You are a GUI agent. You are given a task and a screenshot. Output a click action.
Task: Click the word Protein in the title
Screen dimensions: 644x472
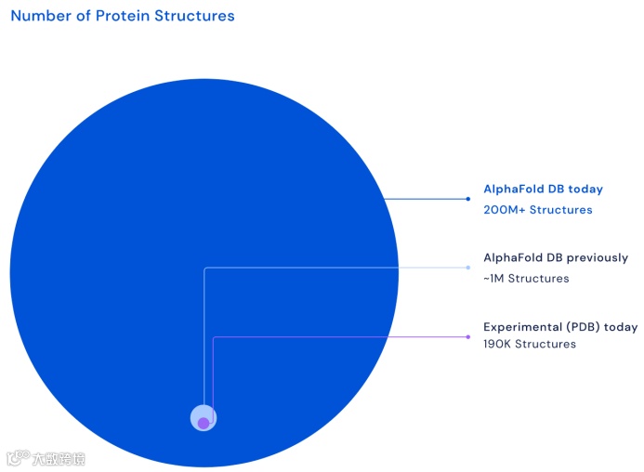(123, 16)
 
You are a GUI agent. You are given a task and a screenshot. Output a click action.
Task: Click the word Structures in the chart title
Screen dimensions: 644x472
(194, 16)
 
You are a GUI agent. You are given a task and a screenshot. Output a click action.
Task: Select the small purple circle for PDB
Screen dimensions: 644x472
(204, 423)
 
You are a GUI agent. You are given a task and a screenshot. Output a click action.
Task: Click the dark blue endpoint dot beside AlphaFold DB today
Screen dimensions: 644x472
(467, 199)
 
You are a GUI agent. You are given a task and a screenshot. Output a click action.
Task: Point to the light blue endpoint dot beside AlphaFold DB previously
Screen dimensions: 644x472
(467, 268)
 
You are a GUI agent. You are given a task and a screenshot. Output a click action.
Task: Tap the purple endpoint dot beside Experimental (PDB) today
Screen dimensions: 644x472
(467, 337)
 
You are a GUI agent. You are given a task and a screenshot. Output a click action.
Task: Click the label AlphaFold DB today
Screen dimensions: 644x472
(543, 189)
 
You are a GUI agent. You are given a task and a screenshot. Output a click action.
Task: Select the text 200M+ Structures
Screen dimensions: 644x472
(538, 209)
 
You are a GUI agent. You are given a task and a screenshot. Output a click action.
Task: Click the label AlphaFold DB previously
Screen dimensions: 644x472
(556, 257)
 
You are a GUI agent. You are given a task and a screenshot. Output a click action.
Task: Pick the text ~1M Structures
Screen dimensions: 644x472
(526, 279)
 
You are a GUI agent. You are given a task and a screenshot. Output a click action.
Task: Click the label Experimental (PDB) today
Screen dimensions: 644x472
(560, 327)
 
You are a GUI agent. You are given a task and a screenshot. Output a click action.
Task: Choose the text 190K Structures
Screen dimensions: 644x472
(530, 344)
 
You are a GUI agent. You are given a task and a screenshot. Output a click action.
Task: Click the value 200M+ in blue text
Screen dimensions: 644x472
(505, 209)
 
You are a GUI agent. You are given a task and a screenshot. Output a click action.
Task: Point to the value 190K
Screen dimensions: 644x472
(497, 344)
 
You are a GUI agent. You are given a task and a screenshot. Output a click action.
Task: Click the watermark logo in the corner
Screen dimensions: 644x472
(46, 458)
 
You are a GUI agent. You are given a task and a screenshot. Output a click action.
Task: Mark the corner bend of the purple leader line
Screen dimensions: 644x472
(214, 337)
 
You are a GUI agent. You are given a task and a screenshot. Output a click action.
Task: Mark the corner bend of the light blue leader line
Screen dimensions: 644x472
(204, 268)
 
